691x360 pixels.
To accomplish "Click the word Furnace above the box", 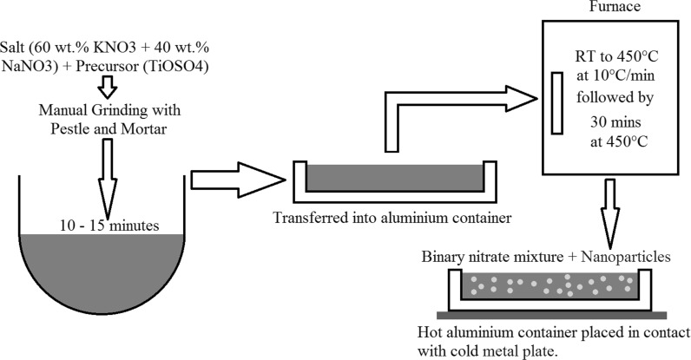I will click(592, 8).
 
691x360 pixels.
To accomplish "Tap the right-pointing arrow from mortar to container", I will click(236, 179).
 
